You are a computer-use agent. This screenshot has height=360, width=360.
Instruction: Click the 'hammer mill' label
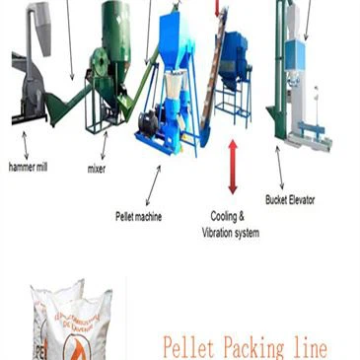(x=28, y=168)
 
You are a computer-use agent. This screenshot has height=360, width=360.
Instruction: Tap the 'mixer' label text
(x=97, y=170)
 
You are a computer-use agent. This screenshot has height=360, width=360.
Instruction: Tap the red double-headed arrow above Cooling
(x=233, y=167)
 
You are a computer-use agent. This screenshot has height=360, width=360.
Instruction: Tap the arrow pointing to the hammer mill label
(x=24, y=146)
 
